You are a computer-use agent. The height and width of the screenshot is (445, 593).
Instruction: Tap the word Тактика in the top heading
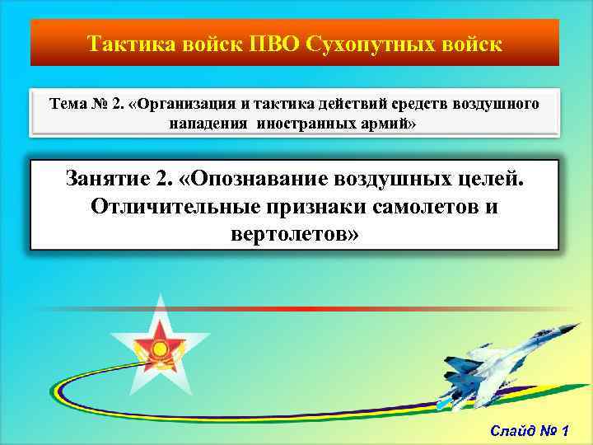tap(125, 42)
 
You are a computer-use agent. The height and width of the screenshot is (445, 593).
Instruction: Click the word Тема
tap(68, 105)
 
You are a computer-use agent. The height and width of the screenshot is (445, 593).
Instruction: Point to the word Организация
tap(192, 105)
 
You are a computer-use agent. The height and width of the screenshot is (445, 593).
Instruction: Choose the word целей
tap(485, 177)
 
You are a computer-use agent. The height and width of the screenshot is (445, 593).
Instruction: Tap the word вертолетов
tap(296, 235)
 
